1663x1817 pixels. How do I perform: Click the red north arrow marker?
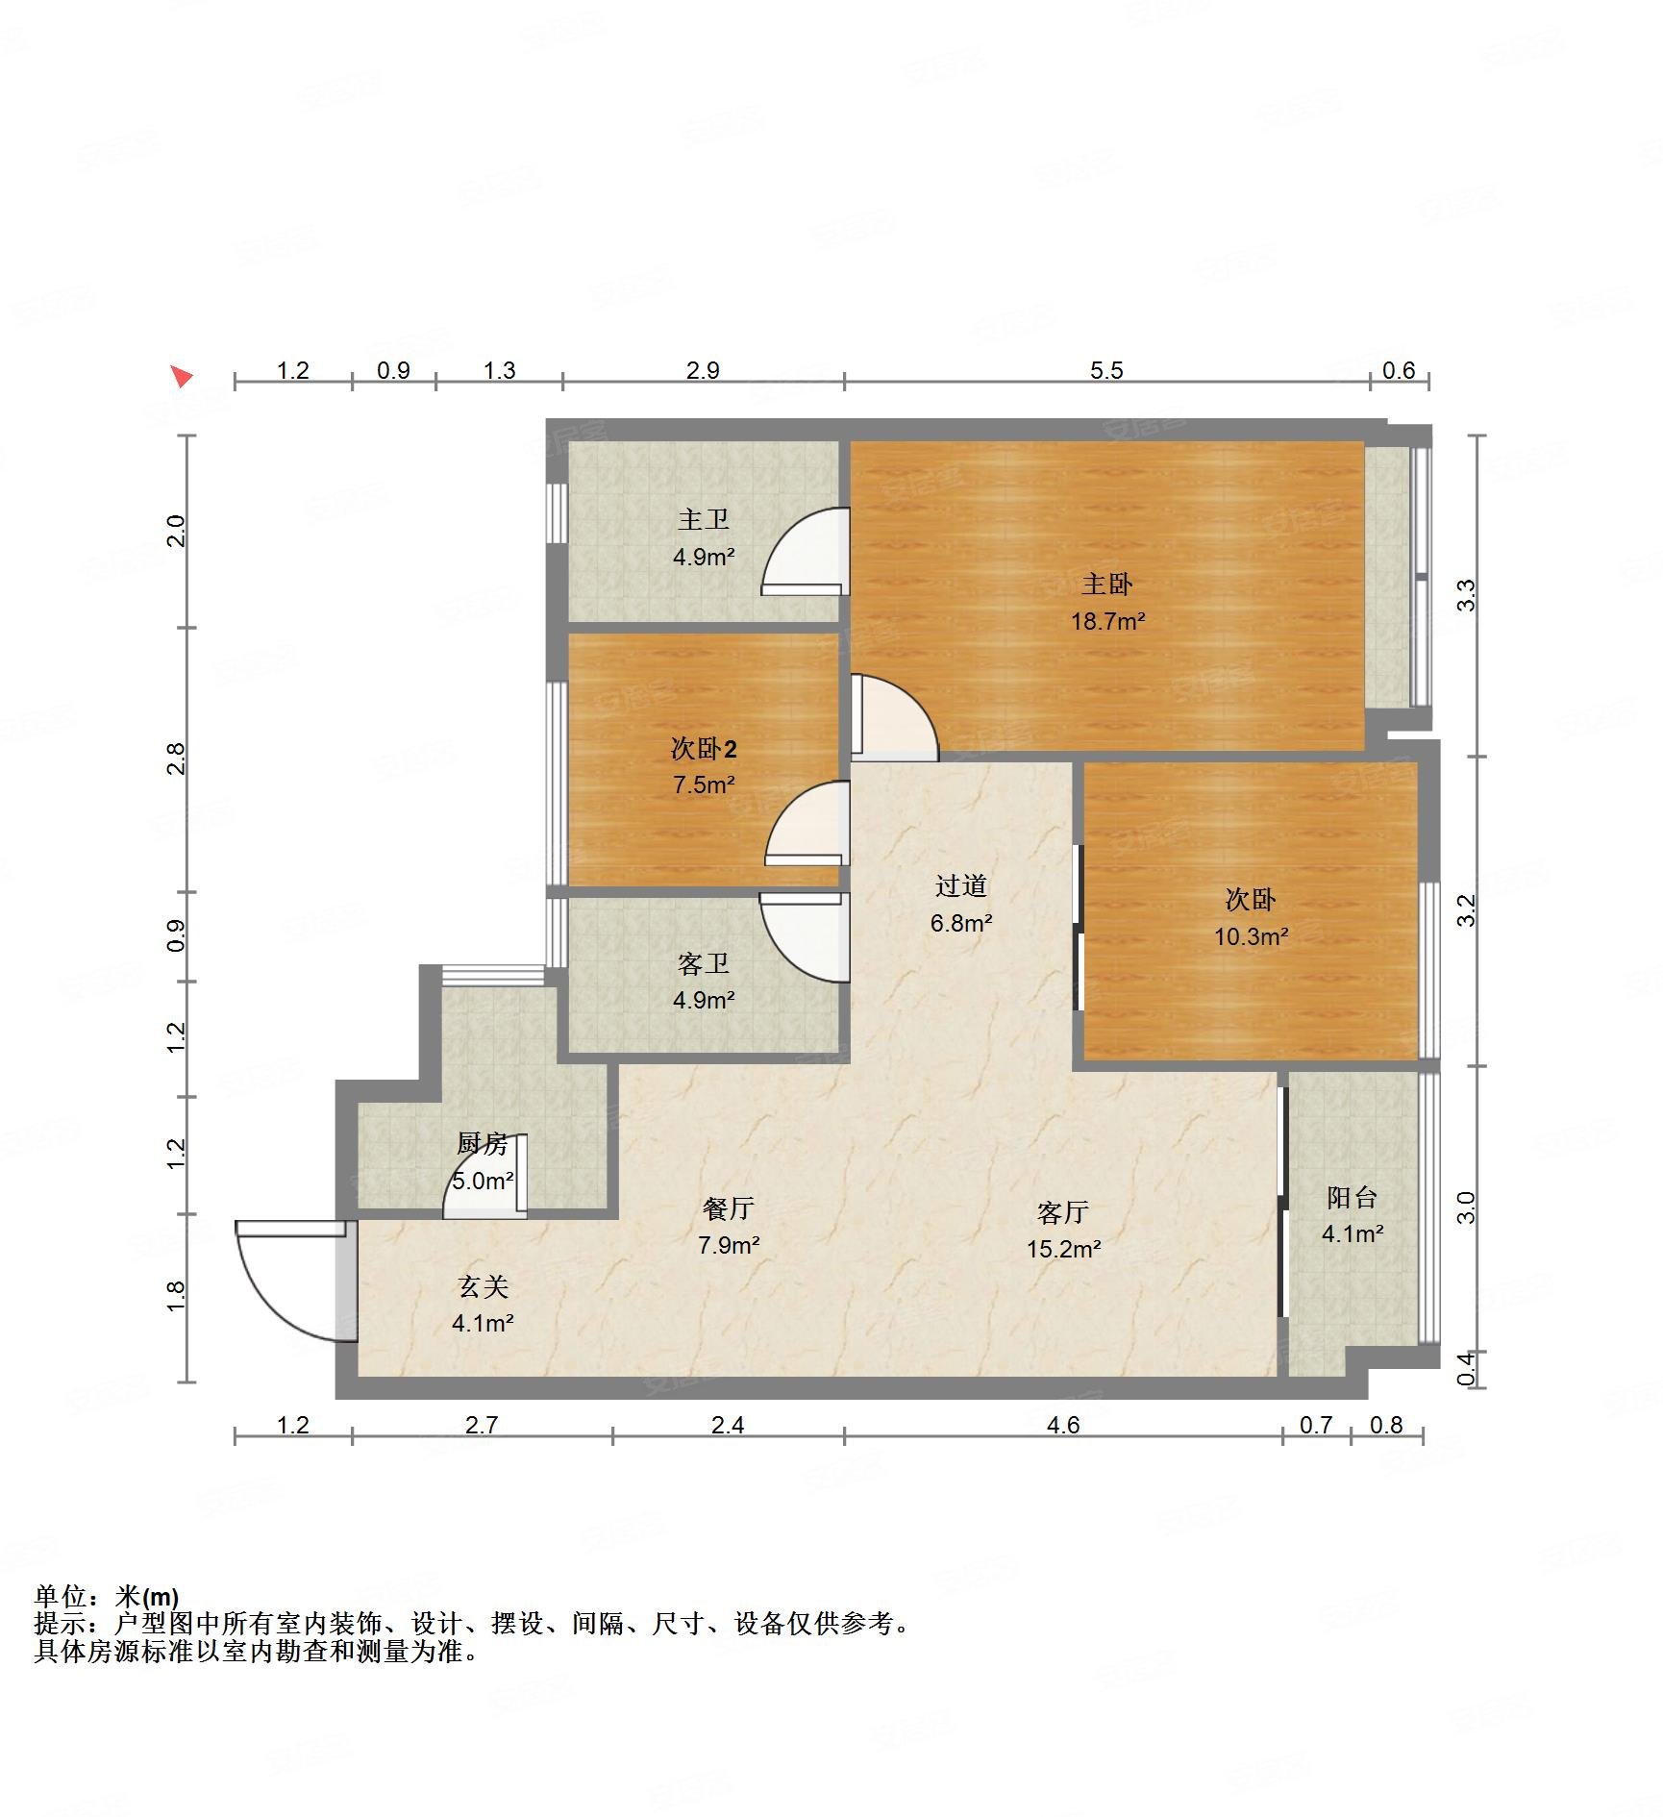click(182, 376)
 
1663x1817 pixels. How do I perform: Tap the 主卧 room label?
click(1107, 584)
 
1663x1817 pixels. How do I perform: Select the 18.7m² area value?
click(1107, 621)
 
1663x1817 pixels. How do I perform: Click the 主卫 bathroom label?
click(704, 520)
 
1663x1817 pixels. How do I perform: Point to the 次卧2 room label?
click(704, 748)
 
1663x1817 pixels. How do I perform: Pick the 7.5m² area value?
click(704, 784)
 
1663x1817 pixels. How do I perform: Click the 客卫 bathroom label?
click(704, 963)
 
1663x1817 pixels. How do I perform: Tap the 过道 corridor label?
click(961, 885)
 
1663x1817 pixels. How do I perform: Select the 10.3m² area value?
click(1251, 936)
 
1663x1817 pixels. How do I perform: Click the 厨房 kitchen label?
click(483, 1143)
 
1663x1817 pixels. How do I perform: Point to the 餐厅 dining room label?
click(729, 1208)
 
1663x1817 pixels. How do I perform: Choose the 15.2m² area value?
click(1063, 1249)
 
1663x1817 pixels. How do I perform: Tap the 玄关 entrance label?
click(483, 1286)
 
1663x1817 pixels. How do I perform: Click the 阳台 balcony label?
click(1353, 1197)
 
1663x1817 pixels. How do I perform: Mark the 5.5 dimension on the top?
click(1106, 370)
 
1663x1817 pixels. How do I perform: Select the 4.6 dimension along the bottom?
click(1063, 1426)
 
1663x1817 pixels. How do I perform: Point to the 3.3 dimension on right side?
click(1466, 596)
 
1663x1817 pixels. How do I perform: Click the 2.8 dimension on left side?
click(176, 759)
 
